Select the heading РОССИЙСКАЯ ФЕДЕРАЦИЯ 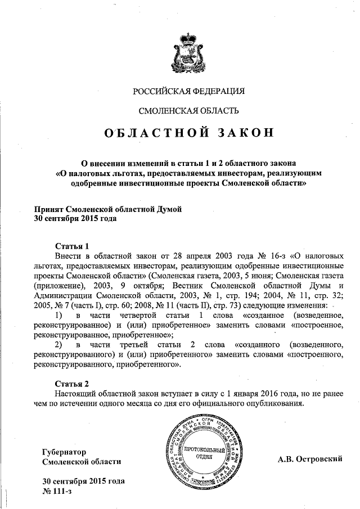[188, 91]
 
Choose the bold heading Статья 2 [72, 384]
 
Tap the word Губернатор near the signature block [65, 452]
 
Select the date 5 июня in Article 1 [244, 276]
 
